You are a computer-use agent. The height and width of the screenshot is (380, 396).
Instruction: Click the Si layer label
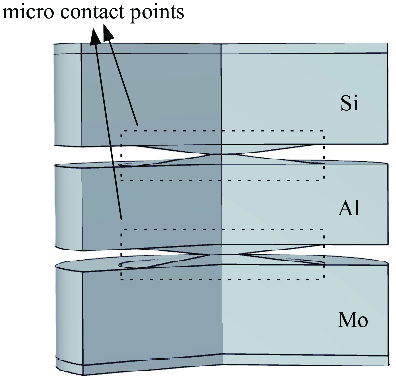click(349, 103)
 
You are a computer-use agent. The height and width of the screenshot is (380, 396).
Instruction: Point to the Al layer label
click(349, 209)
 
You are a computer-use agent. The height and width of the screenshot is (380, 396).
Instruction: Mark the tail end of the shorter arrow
click(137, 125)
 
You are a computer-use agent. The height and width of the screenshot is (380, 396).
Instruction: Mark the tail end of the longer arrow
click(121, 219)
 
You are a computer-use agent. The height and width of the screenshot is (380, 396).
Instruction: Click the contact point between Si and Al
click(221, 155)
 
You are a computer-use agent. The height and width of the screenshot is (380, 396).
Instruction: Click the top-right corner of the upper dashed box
click(323, 130)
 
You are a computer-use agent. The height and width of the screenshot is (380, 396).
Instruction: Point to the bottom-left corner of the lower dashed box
click(121, 279)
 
